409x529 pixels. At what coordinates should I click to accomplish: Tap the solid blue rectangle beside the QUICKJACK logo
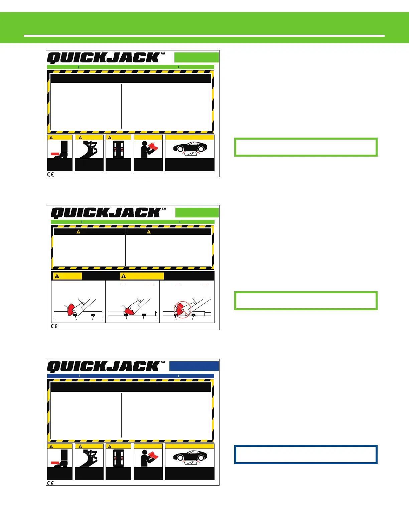point(194,366)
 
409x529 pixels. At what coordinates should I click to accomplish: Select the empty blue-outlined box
point(306,454)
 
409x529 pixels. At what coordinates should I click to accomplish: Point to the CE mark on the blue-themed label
point(50,483)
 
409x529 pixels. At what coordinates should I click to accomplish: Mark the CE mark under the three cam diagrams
point(54,326)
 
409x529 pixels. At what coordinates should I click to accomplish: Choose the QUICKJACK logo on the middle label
point(106,213)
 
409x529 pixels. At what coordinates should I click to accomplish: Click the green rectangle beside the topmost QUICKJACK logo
point(196,57)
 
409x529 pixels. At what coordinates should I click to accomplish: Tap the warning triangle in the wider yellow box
point(124,276)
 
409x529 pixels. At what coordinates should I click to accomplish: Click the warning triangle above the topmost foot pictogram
point(51,137)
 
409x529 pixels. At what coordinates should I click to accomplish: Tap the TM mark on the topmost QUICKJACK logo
point(163,53)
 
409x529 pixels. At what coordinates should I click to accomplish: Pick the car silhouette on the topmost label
point(190,147)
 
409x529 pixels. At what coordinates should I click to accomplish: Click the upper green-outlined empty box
point(306,147)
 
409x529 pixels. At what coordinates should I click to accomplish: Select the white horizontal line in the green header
point(204,35)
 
